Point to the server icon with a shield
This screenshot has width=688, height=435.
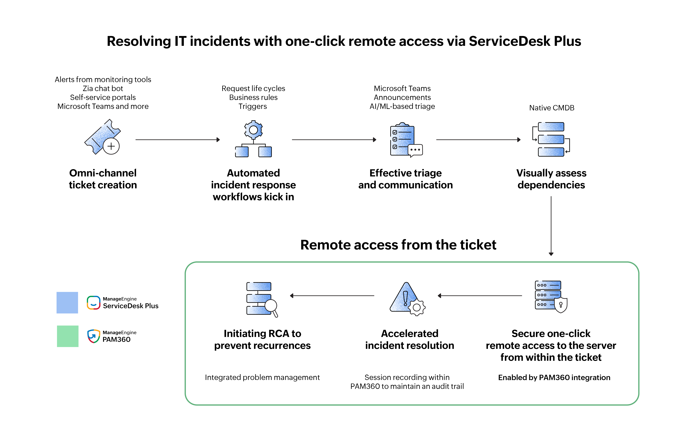(x=551, y=296)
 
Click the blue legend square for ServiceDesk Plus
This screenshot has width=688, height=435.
(x=67, y=302)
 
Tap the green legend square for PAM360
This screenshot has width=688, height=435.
(x=68, y=336)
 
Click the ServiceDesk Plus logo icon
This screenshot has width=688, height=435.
(x=93, y=303)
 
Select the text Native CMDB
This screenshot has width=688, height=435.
(x=551, y=108)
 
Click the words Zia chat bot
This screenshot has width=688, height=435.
(x=103, y=88)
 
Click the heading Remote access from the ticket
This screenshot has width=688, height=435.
(x=398, y=245)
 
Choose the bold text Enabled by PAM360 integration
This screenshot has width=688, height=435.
(x=554, y=377)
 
